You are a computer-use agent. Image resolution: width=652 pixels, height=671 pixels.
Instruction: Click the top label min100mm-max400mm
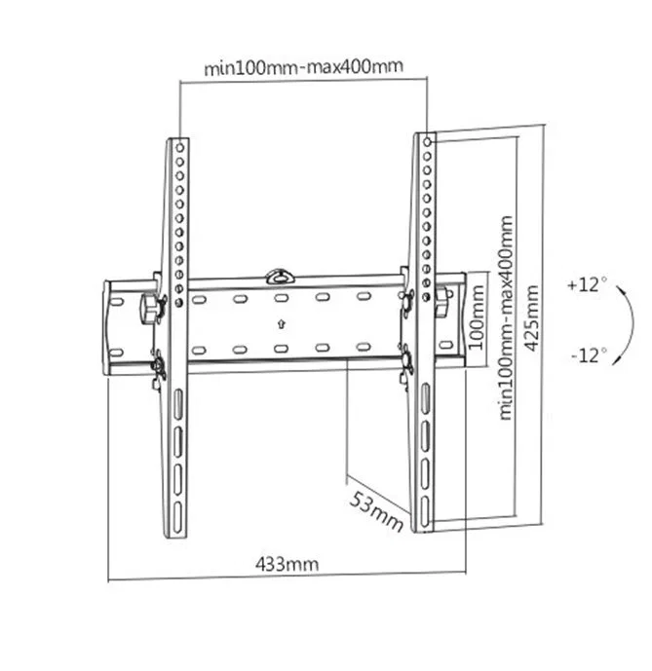tap(303, 68)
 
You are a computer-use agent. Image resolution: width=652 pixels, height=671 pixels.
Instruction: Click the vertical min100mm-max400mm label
tap(506, 317)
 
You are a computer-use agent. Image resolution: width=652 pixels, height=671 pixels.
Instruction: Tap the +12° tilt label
tap(587, 286)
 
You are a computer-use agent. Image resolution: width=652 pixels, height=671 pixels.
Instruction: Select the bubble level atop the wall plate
tap(280, 273)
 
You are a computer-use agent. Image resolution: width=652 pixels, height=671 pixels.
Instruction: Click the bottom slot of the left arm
tap(179, 507)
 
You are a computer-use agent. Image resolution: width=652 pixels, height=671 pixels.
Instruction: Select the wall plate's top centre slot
tap(281, 300)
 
